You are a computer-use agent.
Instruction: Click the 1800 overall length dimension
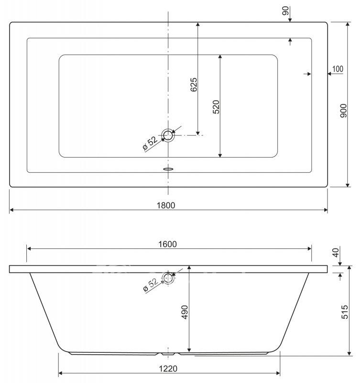click(x=166, y=205)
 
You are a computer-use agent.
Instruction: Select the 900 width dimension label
click(x=343, y=111)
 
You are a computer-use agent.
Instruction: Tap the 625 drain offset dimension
click(x=194, y=85)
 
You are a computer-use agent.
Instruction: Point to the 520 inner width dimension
click(x=216, y=107)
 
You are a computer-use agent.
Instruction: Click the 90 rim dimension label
click(x=285, y=11)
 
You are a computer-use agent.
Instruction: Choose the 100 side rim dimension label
click(x=338, y=69)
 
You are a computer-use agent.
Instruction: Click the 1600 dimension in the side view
click(x=167, y=244)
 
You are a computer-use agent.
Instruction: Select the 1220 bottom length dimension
click(x=168, y=368)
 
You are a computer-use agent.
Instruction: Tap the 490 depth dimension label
click(x=185, y=312)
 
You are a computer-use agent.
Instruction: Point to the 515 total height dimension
click(x=345, y=312)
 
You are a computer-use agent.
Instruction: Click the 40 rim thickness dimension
click(x=336, y=252)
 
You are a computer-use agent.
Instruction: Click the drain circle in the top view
click(x=168, y=135)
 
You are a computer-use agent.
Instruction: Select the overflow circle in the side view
click(x=168, y=278)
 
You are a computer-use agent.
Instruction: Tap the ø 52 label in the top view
click(x=150, y=143)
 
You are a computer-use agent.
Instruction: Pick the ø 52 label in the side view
click(x=150, y=285)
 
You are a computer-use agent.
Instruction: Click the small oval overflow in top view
click(x=168, y=169)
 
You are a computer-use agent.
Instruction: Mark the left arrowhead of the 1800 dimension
click(x=11, y=210)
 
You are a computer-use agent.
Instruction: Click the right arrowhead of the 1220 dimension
click(x=278, y=373)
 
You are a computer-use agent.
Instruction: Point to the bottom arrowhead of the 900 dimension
click(x=348, y=185)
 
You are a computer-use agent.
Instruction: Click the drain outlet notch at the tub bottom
click(x=168, y=353)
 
